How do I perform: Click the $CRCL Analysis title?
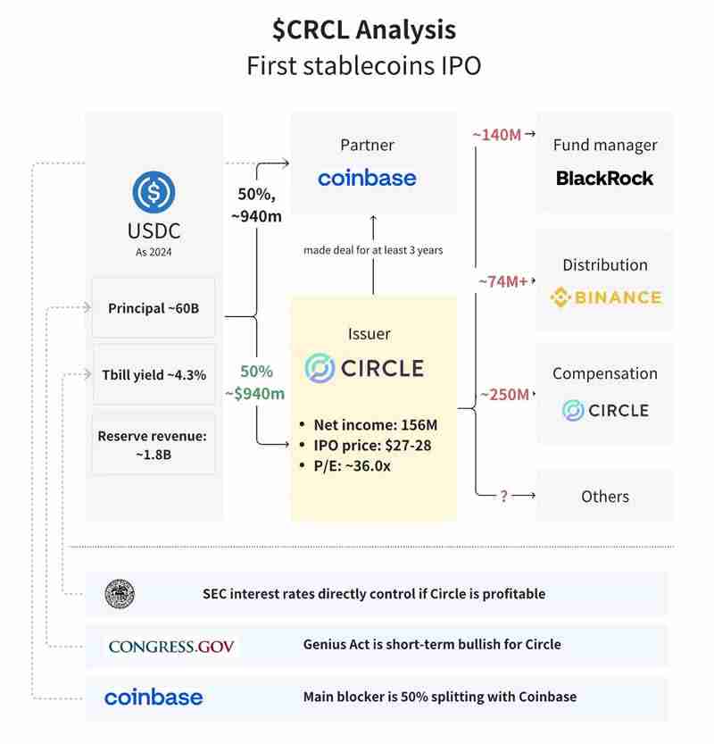[364, 29]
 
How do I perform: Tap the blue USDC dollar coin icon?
[154, 192]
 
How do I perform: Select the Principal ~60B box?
[154, 308]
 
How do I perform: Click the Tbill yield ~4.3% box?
[154, 374]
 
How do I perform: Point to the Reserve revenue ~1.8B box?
[154, 444]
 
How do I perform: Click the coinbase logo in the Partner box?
[367, 178]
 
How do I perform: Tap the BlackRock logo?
[604, 178]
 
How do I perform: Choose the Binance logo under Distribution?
[605, 297]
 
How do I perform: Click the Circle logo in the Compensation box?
[605, 410]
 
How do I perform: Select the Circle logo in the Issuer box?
[364, 368]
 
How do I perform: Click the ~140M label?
[496, 135]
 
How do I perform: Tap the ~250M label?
[504, 394]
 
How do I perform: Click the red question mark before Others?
[503, 496]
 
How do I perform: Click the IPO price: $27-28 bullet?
[372, 444]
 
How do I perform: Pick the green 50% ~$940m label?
[254, 382]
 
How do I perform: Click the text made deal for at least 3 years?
[373, 250]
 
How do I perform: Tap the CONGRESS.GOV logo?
[171, 646]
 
